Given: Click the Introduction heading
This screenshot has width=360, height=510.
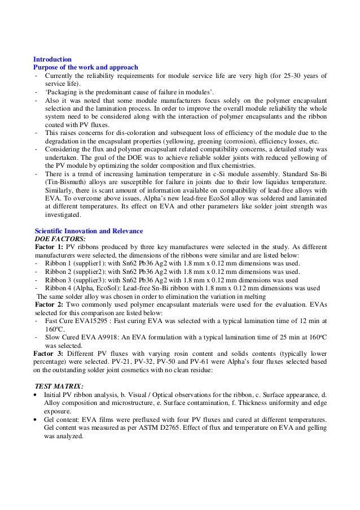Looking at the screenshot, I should [52, 59].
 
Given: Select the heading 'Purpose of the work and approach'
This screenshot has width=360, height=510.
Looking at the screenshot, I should [86, 67].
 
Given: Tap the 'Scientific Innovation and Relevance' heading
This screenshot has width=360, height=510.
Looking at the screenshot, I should [89, 232].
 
